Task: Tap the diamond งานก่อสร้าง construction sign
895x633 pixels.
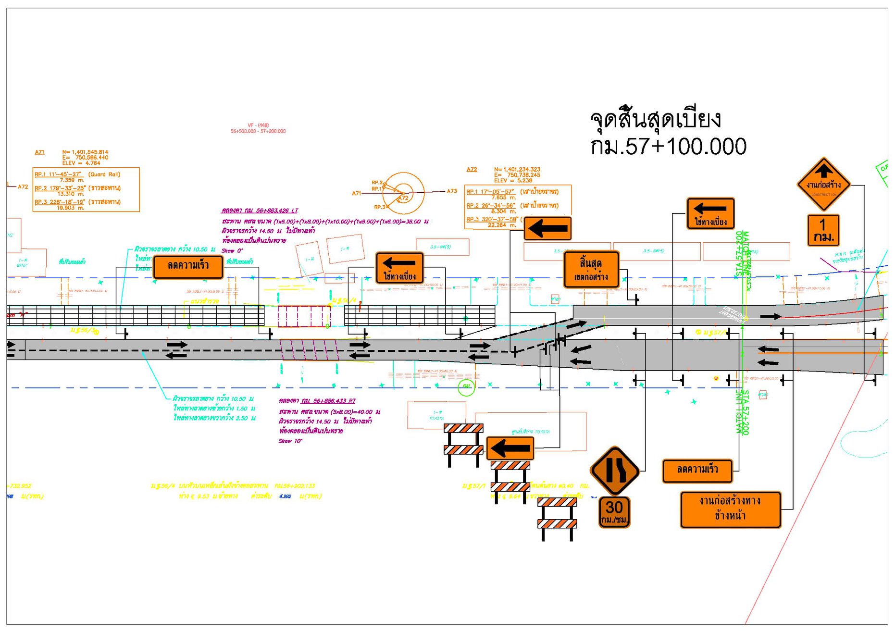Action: click(823, 184)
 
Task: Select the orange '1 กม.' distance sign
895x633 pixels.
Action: click(823, 230)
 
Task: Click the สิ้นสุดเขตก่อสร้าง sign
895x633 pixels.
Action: click(591, 270)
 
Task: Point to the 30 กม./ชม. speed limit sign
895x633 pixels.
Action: click(614, 512)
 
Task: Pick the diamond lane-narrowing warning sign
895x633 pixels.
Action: click(615, 471)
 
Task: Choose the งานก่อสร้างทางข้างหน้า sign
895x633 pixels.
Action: click(730, 509)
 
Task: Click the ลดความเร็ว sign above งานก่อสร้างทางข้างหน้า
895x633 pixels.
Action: click(697, 471)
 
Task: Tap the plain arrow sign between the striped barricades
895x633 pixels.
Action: click(510, 448)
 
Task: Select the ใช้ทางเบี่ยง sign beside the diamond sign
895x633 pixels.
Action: click(710, 213)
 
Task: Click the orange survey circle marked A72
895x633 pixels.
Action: click(403, 193)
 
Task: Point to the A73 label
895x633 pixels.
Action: click(452, 191)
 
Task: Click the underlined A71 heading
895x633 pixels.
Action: click(39, 152)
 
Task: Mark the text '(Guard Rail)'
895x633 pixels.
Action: click(104, 174)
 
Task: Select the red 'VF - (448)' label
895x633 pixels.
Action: click(258, 125)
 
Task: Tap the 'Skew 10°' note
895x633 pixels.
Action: click(290, 441)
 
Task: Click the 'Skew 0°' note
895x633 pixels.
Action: click(232, 250)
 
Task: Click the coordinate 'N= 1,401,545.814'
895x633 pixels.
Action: click(85, 152)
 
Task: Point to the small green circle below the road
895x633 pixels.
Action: click(466, 387)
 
